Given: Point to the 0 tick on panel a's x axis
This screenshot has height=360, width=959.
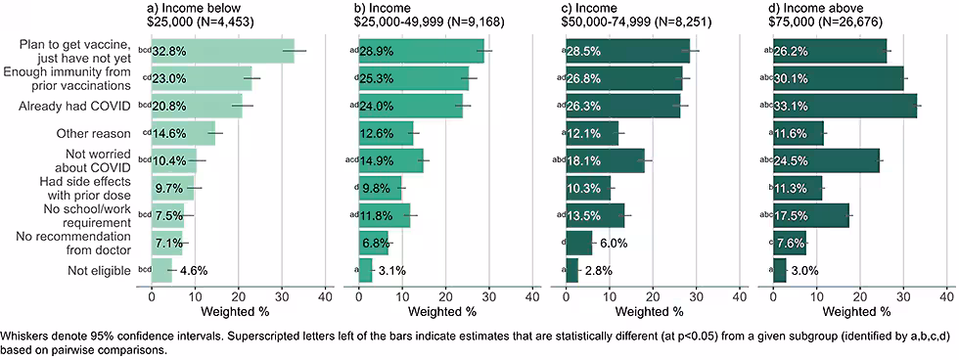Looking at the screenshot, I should click(152, 294).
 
